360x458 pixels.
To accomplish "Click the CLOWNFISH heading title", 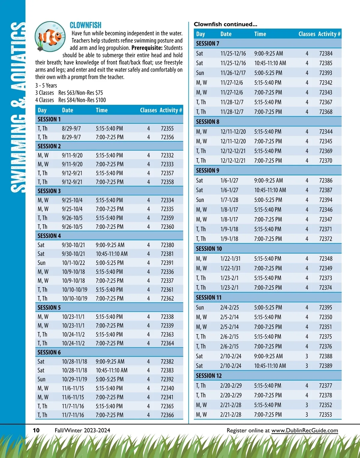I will (x=85, y=25).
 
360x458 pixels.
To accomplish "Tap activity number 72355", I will (x=167, y=128).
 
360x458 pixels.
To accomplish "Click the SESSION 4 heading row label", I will (x=49, y=236).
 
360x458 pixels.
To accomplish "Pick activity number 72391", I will (x=167, y=263).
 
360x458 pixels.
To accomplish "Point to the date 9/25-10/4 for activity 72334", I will (x=72, y=200).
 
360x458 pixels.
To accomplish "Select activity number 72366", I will (x=167, y=415).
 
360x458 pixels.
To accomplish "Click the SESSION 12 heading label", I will (x=209, y=376).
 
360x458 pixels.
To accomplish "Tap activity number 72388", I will (x=326, y=356).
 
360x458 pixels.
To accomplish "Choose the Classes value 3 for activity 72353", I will (x=307, y=415).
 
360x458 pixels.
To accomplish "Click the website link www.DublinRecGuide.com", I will (x=304, y=430).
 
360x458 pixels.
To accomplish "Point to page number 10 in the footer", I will (x=36, y=430).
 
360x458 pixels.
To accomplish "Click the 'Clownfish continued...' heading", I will (x=225, y=24).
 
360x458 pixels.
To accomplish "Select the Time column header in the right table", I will (x=260, y=34).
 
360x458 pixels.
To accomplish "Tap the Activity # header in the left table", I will (x=171, y=110).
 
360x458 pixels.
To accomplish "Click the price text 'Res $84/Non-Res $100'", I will (x=82, y=100).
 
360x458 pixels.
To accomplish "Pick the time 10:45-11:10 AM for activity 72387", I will (x=270, y=190).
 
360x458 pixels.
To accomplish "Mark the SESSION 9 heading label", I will (x=208, y=170).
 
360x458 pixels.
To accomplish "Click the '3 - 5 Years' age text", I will (x=46, y=85).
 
